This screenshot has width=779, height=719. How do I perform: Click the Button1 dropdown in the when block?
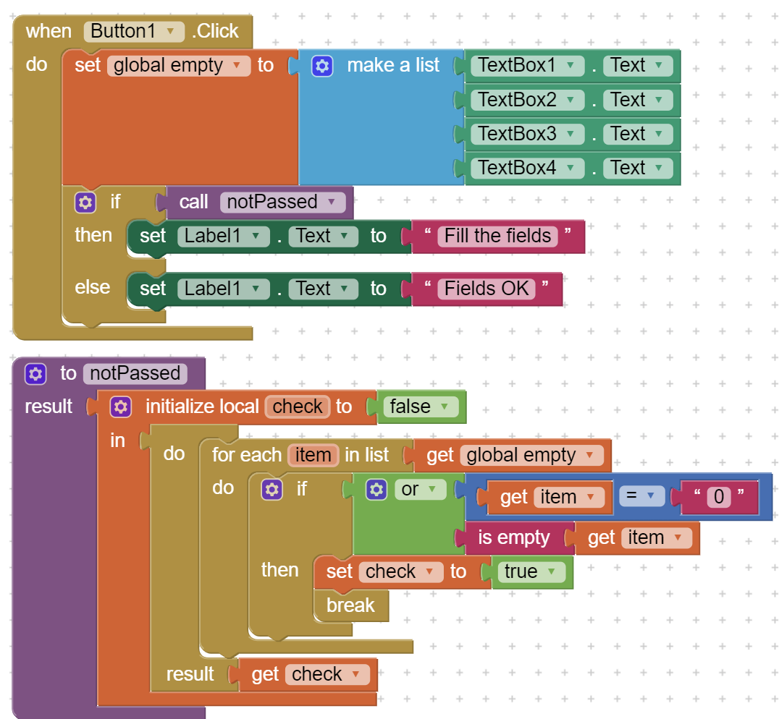coord(134,31)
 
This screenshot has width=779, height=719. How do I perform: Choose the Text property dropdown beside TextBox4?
coord(638,168)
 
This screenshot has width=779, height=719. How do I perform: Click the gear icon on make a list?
coord(322,66)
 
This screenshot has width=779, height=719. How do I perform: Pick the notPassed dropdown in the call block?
coord(282,202)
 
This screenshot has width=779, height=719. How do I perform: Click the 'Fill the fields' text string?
coord(498,237)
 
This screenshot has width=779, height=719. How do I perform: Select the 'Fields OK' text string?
coord(487,289)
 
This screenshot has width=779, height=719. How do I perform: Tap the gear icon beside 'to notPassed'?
coord(35,374)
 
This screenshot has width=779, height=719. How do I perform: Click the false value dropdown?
coord(421,407)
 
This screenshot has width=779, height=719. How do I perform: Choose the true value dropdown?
coord(531,571)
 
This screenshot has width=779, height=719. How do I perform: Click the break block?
coord(350,605)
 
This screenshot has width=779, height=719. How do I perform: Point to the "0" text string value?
coord(719,497)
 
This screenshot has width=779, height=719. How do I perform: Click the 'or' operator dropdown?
coord(420,489)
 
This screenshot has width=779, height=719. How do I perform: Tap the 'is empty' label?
coord(514,538)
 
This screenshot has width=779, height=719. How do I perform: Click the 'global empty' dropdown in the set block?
coord(179,66)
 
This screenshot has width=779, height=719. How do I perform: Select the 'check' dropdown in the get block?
coord(327,674)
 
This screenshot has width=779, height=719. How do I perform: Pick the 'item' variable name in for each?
coord(313,455)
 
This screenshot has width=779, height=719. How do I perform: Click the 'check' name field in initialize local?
coord(298,407)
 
